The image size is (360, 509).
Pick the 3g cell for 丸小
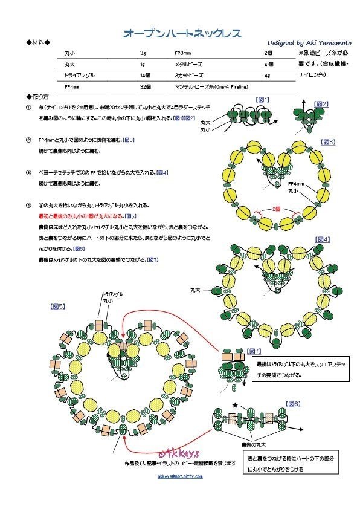[143, 54]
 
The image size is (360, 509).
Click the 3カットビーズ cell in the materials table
[190, 76]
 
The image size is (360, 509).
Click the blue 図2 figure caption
[321, 104]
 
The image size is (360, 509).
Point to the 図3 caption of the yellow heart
[327, 142]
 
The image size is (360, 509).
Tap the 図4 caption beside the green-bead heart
[322, 240]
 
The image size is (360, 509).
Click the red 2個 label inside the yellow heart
[276, 207]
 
